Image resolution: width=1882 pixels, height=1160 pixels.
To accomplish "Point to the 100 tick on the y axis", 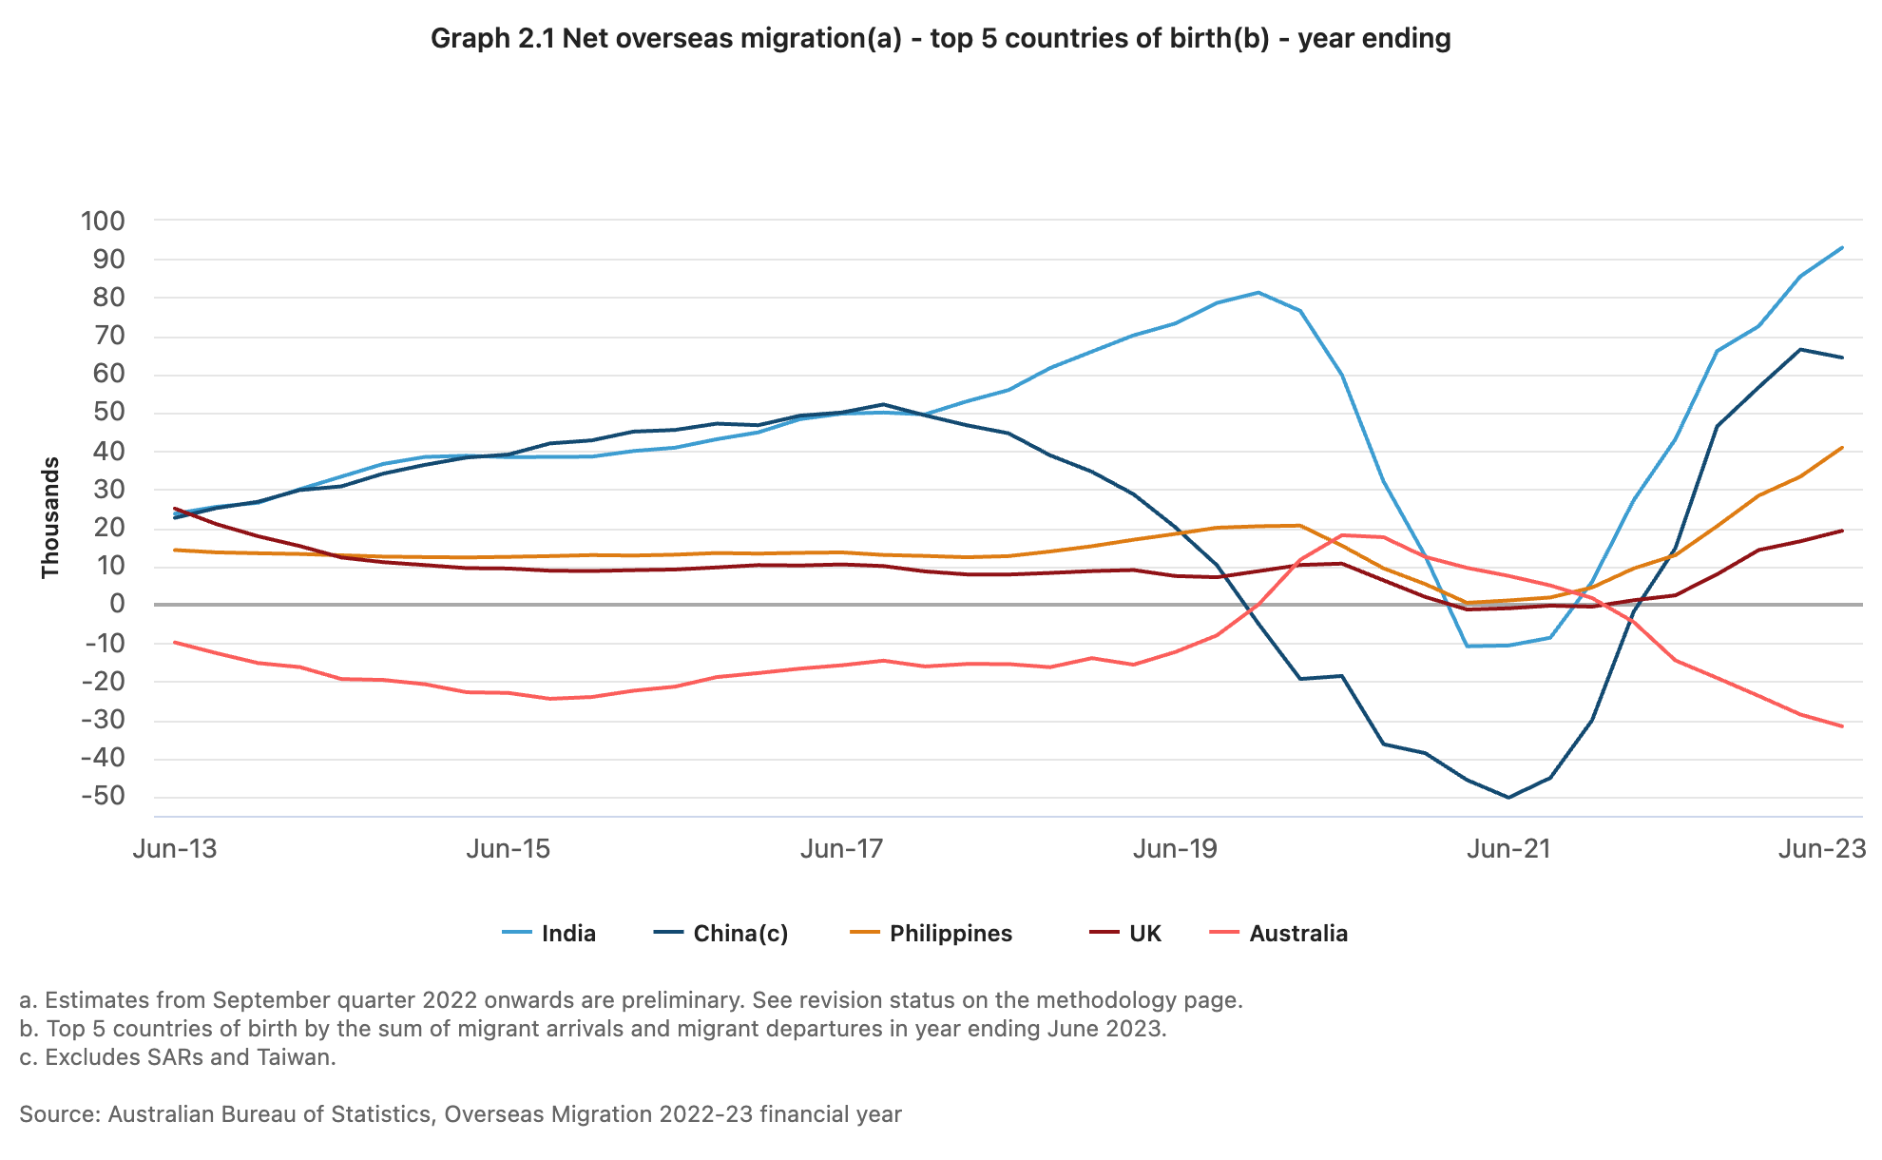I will pos(103,222).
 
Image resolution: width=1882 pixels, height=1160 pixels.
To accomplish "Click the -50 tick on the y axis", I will pos(103,797).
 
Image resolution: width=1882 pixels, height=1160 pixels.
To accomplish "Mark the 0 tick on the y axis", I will pos(116,605).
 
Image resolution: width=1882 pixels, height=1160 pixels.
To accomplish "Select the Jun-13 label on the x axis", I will pos(175,849).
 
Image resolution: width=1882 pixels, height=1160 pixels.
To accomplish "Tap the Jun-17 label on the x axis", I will pos(842,849).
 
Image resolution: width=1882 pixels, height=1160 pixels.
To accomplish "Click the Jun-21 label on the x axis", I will pos(1508,849).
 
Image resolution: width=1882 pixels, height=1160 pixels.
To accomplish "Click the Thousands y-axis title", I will pos(50,517).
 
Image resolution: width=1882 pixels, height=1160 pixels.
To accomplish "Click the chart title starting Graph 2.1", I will pos(940,39).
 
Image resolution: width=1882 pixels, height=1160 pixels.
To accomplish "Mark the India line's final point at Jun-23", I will pos(1842,248).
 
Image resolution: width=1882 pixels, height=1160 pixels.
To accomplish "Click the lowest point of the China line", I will pos(1508,798).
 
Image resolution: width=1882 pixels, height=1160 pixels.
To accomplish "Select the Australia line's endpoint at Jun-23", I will pos(1842,726).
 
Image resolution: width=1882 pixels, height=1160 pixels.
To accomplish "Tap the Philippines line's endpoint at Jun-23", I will pos(1842,448).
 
